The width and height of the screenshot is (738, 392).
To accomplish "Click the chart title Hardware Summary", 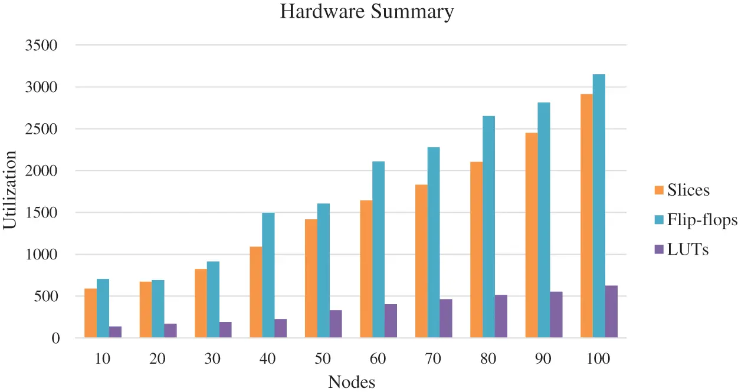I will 366,12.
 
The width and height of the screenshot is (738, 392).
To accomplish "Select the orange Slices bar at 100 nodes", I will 586,216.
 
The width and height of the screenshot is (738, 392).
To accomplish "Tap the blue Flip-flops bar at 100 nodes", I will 599,206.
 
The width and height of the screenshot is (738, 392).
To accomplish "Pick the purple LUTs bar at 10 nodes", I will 115,332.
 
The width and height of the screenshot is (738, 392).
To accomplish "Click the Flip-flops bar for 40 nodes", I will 268,275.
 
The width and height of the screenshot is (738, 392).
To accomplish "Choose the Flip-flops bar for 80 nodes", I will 488,227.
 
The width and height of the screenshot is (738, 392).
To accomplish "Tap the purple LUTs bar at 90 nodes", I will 556,315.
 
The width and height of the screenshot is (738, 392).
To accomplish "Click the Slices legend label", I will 688,190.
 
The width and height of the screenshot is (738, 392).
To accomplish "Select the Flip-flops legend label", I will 702,220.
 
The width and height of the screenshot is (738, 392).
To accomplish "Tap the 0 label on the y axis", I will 56,338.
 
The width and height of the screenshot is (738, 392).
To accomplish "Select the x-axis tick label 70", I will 433,358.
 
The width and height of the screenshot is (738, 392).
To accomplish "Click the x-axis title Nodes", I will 352,382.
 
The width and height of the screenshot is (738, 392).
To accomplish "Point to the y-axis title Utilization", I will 11,190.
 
